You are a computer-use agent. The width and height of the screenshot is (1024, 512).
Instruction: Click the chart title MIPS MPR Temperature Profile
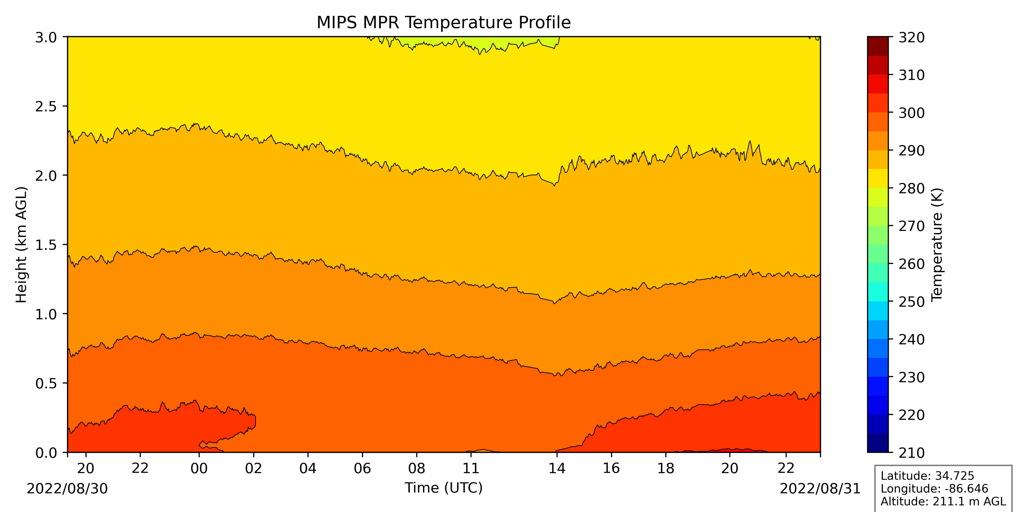coord(444,23)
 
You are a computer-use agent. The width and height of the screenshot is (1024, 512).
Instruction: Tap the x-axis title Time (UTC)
coord(444,488)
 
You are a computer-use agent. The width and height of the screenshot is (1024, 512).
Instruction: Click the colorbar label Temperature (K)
coord(937,244)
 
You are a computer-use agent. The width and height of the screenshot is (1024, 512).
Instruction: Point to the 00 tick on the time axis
coord(199,468)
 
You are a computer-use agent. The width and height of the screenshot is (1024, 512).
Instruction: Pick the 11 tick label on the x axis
coord(471,468)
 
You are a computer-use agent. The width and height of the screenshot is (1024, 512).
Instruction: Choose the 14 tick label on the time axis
coord(557,468)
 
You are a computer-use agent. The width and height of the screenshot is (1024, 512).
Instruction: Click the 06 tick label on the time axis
coord(362,468)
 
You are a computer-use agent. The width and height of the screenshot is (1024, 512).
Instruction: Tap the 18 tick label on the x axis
coord(665,468)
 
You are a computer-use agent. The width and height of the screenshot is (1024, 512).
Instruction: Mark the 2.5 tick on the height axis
coord(46,106)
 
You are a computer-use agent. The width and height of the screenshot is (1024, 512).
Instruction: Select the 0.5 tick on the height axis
coord(46,383)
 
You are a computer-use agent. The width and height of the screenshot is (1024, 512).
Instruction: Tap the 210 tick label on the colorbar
coord(912,452)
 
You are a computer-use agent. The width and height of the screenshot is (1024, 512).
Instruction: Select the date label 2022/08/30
coord(67,488)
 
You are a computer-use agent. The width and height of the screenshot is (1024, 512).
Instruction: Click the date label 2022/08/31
coord(820,488)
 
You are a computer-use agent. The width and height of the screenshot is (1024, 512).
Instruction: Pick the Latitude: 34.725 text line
coord(927,476)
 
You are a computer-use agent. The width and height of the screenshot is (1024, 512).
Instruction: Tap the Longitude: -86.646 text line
coord(934,488)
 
